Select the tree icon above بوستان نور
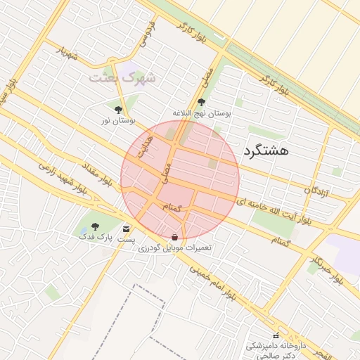(x=118, y=110)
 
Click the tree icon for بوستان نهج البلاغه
(x=202, y=102)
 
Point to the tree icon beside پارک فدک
(x=96, y=226)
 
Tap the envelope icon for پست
(x=127, y=229)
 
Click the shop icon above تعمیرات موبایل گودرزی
(x=174, y=237)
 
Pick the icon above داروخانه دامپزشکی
(x=275, y=335)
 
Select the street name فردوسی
(x=147, y=32)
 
